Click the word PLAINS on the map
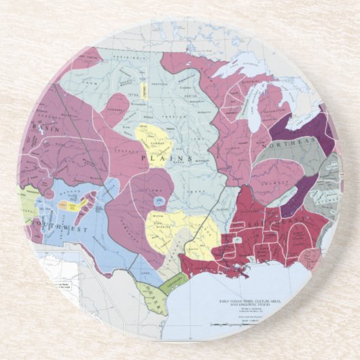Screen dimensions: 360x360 (x=154, y=157)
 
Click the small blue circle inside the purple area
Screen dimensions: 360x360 (x=158, y=200)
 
